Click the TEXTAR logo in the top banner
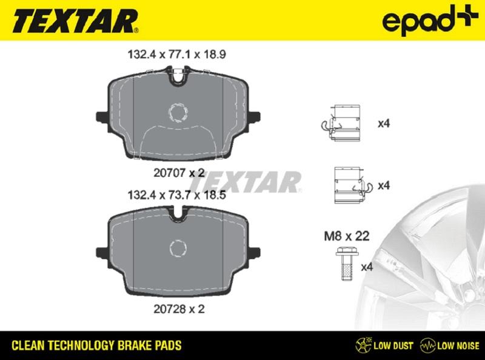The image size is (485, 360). pos(75,21)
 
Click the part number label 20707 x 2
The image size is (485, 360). pos(178,172)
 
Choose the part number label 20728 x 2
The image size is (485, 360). pos(178,308)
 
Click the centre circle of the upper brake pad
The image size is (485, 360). pos(179,112)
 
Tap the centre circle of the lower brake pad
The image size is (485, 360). pos(179,247)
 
